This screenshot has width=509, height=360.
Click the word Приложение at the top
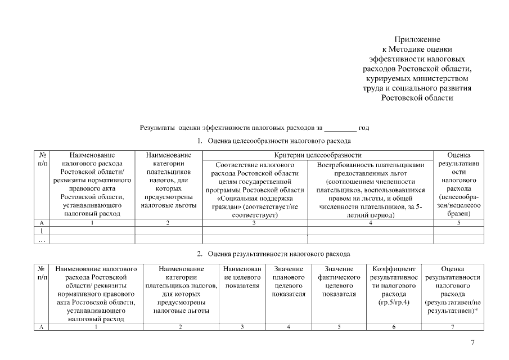(416, 39)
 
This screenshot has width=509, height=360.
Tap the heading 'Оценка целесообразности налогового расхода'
(279, 140)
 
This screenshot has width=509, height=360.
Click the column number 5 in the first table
(458, 223)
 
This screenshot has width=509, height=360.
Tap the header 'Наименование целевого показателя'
(242, 277)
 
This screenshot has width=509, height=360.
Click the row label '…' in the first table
(42, 240)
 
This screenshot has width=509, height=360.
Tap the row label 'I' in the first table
(42, 231)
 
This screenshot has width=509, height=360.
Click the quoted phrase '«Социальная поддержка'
(254, 198)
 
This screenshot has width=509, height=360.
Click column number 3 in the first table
(254, 223)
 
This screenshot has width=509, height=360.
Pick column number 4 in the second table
(289, 326)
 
